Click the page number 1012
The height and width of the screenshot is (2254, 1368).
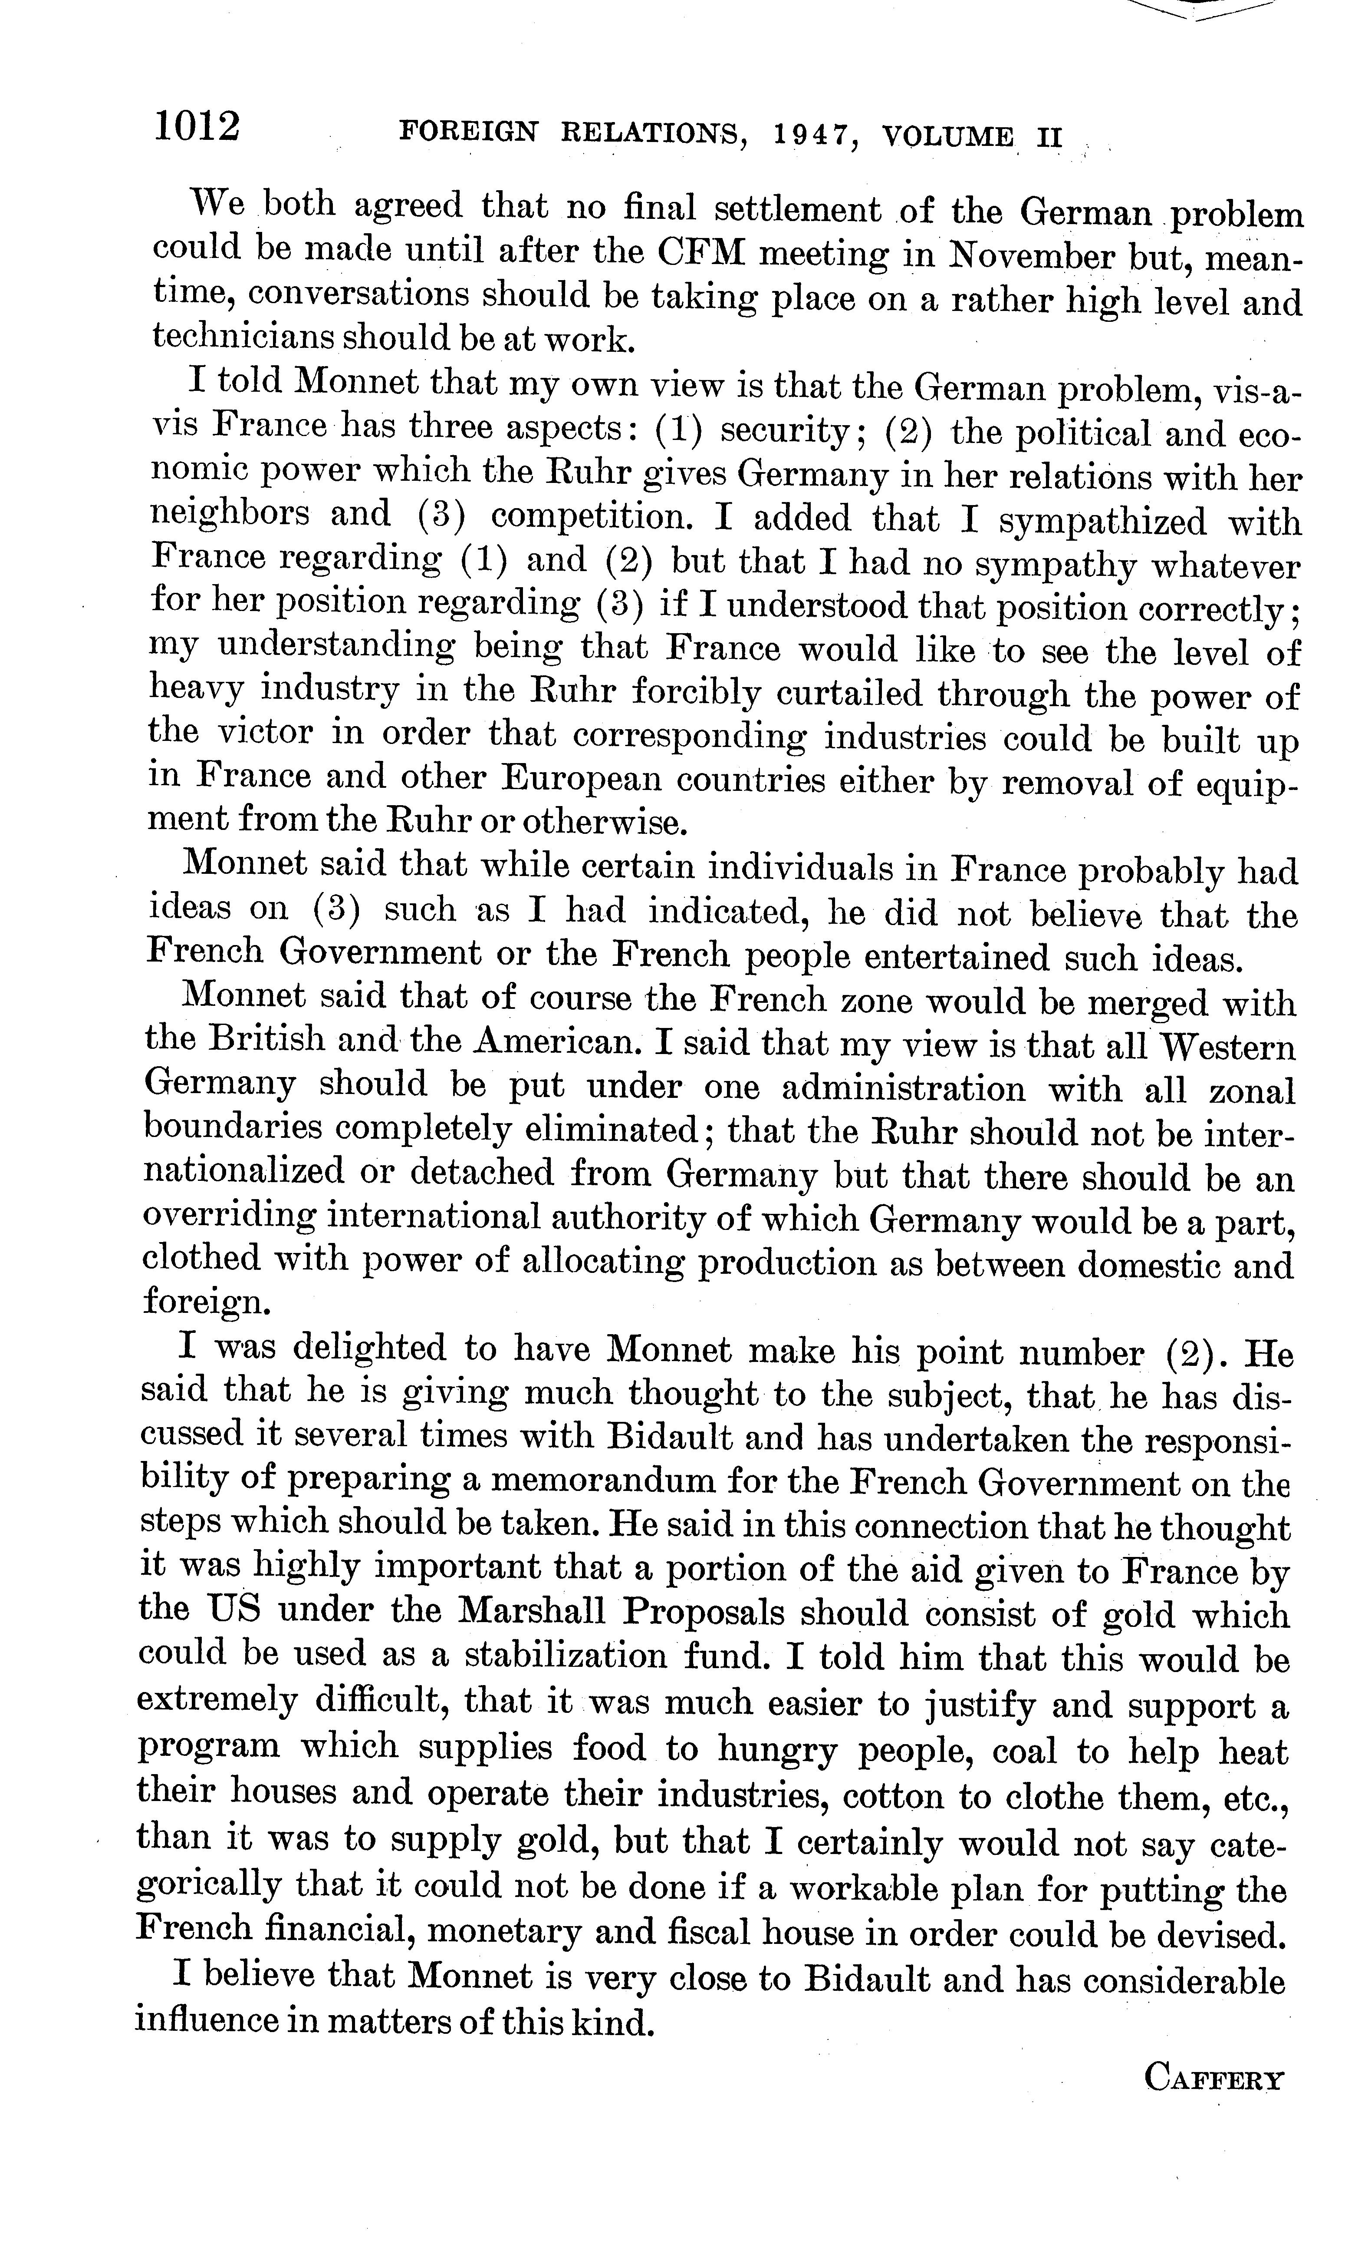(197, 126)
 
